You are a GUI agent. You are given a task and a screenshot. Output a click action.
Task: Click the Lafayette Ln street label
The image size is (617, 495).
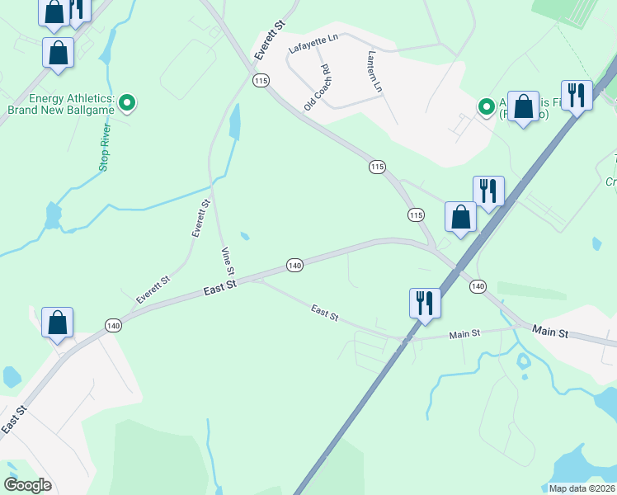coord(313,45)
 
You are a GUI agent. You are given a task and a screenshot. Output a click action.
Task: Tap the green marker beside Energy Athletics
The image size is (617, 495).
coord(127,103)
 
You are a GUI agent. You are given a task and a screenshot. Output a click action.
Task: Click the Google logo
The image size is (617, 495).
coord(28,485)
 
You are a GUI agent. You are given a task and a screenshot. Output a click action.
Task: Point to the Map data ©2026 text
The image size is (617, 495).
coord(582,488)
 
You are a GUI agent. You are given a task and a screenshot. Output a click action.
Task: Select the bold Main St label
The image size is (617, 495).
coord(550,332)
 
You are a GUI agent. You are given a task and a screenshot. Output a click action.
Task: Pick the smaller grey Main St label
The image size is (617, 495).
coord(464,334)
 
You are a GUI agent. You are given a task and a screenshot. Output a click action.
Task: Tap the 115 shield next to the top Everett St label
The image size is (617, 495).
coord(261,80)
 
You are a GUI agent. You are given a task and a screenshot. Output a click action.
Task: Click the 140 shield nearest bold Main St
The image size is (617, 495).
coord(478,285)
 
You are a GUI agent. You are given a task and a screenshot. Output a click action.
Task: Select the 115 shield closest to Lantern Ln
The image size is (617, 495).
coord(377,167)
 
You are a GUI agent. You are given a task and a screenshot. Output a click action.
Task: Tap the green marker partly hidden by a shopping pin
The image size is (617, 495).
coord(487,106)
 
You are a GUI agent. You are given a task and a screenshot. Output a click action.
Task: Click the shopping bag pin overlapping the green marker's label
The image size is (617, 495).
coord(523,107)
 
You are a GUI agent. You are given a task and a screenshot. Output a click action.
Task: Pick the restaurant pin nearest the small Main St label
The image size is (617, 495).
coord(426,302)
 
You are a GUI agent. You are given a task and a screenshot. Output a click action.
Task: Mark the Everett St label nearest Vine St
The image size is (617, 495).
coord(201,219)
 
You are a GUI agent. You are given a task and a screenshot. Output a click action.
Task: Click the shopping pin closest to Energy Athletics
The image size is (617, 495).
coord(59,52)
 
